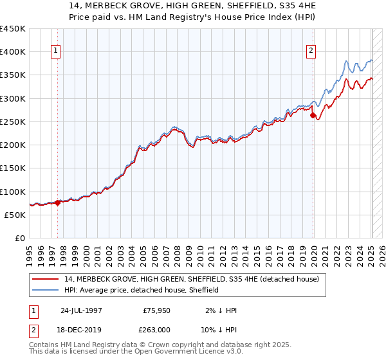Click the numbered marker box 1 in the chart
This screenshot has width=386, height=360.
pyautogui.click(x=56, y=52)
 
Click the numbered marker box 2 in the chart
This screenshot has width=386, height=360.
pyautogui.click(x=311, y=52)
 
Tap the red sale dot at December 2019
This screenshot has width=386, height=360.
pyautogui.click(x=313, y=116)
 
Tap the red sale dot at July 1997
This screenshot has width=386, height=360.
pyautogui.click(x=57, y=203)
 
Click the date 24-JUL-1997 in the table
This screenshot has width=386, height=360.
pyautogui.click(x=80, y=310)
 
